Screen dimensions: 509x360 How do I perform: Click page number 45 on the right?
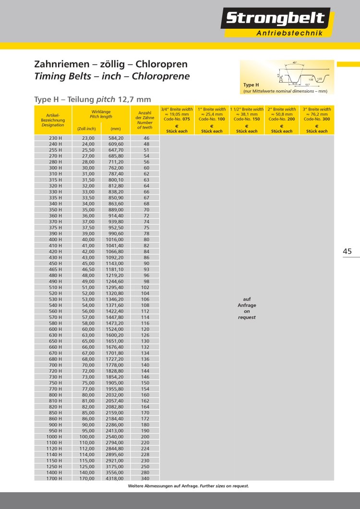coord(348,251)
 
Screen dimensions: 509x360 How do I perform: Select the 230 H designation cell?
coord(53,138)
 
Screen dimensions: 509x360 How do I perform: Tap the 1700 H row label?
coord(53,478)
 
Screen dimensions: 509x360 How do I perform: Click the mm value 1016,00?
coord(115,239)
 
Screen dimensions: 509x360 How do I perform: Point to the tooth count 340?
coord(146,478)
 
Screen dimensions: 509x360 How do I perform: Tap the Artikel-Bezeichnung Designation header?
coord(53,120)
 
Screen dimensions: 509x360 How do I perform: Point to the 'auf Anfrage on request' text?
coord(247,308)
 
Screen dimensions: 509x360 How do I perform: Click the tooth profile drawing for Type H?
coord(303,74)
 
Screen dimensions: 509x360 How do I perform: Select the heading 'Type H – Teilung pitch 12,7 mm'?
coord(93,99)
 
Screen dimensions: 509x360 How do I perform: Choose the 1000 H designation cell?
coord(53,436)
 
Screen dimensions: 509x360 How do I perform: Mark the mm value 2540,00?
coord(115,436)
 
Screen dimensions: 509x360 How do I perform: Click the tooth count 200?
coord(146,436)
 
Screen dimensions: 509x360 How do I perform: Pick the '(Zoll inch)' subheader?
coord(86,129)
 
